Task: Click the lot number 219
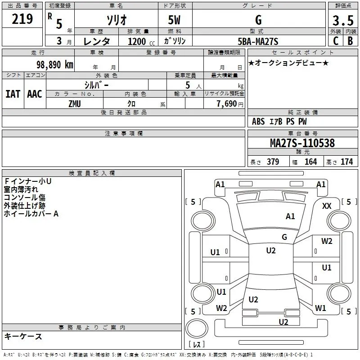(x=22, y=19)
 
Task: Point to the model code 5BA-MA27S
(x=258, y=41)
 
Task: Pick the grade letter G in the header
(x=258, y=20)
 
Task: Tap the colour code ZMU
(x=74, y=103)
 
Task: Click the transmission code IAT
(x=13, y=94)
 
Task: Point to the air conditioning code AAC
(x=34, y=94)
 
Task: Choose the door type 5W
(x=175, y=20)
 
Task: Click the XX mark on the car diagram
(x=327, y=206)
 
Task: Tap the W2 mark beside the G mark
(x=327, y=241)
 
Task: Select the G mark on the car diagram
(x=284, y=237)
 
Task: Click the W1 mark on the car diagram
(x=320, y=308)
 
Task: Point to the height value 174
(x=346, y=162)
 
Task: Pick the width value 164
(x=310, y=162)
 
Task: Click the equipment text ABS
(x=258, y=121)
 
